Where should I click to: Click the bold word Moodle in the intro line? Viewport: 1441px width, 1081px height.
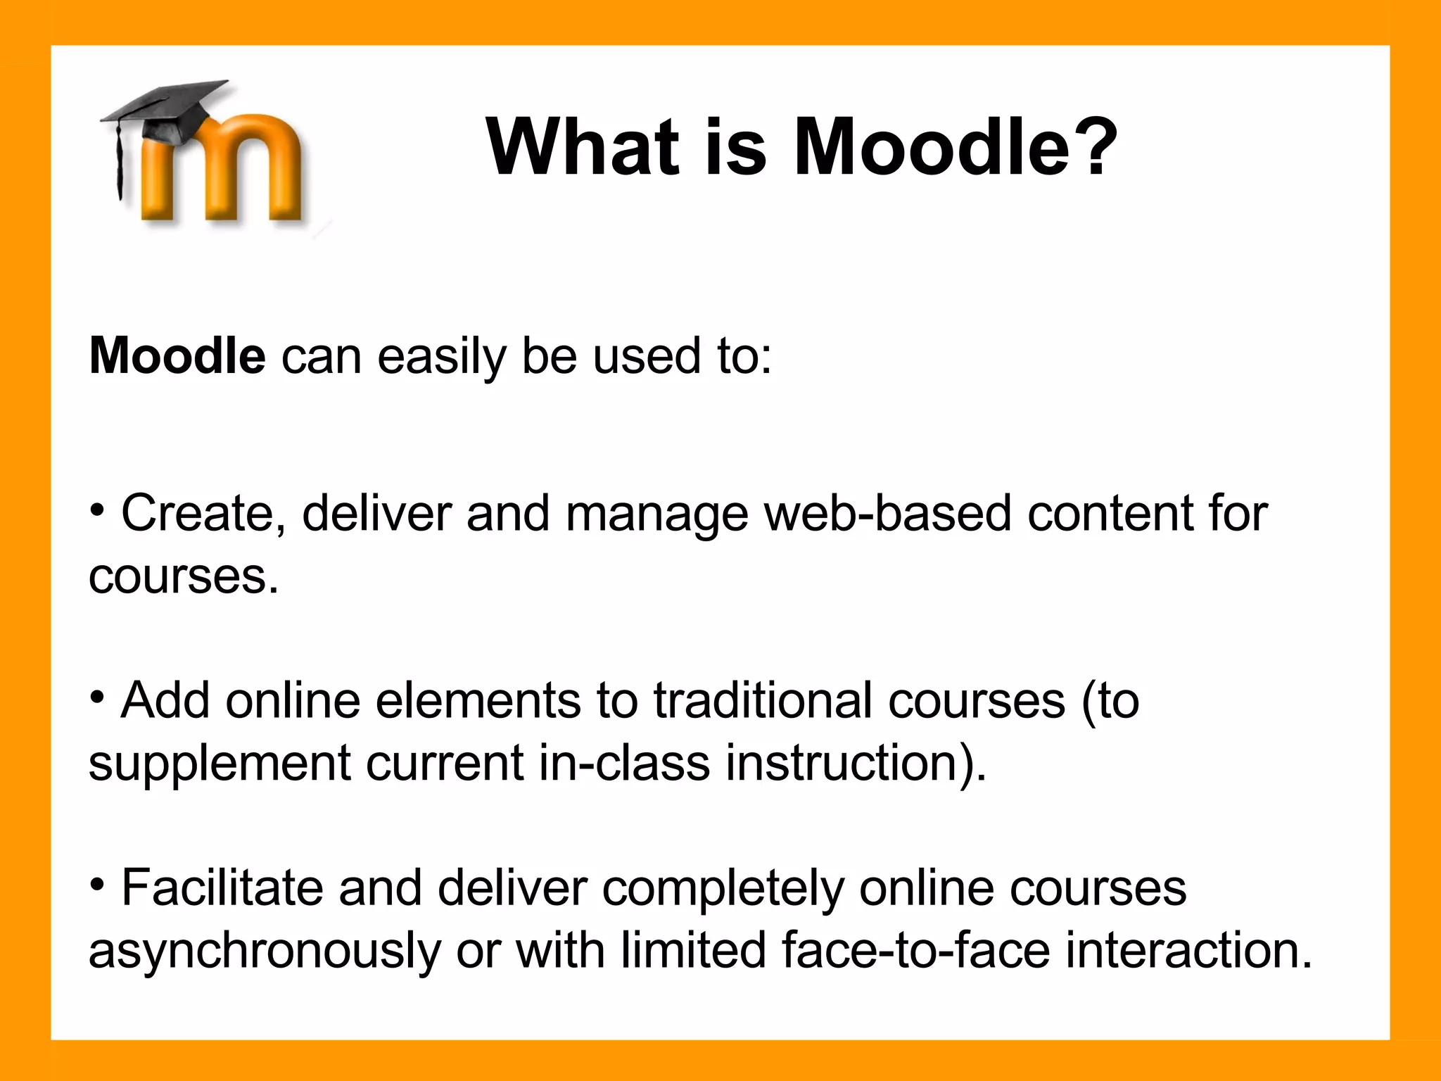click(177, 356)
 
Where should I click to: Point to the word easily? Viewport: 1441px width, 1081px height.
click(441, 358)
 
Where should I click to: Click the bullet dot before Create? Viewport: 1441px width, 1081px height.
click(98, 509)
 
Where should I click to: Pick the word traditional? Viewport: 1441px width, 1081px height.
click(763, 701)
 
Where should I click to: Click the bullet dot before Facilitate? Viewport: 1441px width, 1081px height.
click(98, 884)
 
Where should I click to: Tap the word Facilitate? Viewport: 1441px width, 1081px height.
click(222, 887)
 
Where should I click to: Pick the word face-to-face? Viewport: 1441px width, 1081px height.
click(915, 951)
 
